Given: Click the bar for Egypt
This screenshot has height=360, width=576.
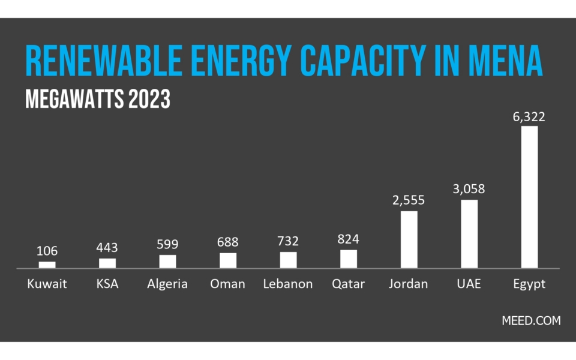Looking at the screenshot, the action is coord(529,197).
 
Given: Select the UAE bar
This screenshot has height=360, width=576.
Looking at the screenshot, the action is coord(469,234).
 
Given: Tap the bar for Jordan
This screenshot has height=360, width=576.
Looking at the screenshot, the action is coord(409,240).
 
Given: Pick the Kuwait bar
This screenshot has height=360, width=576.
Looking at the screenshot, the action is coord(47,265).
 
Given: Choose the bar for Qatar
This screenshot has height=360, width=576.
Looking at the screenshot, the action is coord(349,259).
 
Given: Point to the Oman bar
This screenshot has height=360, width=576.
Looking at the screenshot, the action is coord(228,261).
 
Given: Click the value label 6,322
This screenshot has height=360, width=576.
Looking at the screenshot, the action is coord(529,117).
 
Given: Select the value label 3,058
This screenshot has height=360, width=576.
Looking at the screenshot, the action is coord(469,189).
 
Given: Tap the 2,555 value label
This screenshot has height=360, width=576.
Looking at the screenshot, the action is coord(409,200).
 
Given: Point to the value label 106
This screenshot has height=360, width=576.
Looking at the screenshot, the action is coord(47,251).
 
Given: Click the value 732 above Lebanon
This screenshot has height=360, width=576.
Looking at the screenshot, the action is coord(288,241).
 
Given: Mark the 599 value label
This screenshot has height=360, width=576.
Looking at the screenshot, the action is coord(167,244).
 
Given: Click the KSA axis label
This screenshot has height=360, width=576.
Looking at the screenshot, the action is coord(107,284).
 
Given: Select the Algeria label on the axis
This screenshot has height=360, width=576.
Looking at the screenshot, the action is coord(167,284).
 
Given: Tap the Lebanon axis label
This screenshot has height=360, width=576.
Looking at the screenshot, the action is coord(288,284).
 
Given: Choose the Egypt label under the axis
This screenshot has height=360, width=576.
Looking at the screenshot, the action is coord(529,284).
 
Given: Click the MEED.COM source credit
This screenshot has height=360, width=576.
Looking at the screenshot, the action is coord(531,320).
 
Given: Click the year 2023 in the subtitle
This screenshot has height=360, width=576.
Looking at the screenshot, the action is coord(149,99).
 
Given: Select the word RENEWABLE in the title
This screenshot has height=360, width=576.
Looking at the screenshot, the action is coord(104,61).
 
